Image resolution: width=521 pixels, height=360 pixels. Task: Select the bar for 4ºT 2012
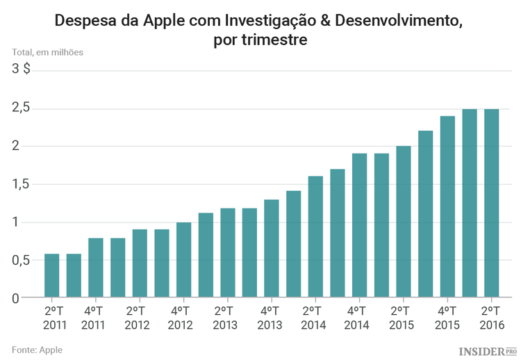tap(183, 260)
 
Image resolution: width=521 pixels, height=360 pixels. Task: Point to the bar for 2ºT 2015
tap(404, 222)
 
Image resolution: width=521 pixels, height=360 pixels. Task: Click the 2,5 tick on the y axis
tap(21, 108)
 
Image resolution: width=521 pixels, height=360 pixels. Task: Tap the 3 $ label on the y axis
tap(21, 69)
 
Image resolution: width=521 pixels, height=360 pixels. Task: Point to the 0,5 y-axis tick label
tap(21, 260)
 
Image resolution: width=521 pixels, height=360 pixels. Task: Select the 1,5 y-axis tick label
tap(21, 184)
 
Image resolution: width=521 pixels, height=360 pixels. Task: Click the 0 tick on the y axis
tap(15, 298)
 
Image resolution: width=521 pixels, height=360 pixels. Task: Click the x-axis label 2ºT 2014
tap(315, 318)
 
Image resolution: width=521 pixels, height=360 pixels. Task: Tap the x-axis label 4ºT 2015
tap(447, 318)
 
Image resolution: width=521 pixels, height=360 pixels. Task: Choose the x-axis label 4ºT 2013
tap(272, 318)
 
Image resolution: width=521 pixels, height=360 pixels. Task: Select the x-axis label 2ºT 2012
tap(140, 318)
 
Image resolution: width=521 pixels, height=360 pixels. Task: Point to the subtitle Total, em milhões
tap(47, 52)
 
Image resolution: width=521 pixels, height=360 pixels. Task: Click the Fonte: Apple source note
tap(37, 350)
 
